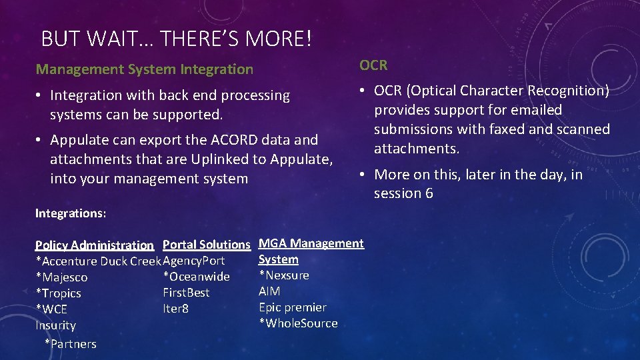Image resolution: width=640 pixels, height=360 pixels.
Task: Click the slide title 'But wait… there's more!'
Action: point(176,39)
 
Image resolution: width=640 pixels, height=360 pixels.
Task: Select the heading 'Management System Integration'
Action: point(145,69)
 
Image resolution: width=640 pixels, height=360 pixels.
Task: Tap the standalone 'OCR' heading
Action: point(373,65)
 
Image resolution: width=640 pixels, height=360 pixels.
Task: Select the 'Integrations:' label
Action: point(70,213)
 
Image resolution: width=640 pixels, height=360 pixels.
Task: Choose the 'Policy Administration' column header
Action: point(94,245)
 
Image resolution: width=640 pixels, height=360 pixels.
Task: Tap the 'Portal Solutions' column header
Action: point(206,245)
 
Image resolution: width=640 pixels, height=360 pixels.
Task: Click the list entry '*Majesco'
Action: point(61,277)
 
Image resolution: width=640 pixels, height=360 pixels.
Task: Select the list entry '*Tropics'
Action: point(58,293)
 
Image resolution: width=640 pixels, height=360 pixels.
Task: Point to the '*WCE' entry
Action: point(51,309)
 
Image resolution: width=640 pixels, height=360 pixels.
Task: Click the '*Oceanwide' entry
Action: point(196,277)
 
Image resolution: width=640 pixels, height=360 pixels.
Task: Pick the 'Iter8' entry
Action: point(175,309)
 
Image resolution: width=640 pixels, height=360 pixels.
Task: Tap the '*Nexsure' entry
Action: point(283,275)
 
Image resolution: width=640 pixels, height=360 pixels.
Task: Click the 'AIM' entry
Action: point(269,291)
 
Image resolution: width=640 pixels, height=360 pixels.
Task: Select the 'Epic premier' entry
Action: point(292,307)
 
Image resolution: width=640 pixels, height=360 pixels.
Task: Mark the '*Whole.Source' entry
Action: point(298,323)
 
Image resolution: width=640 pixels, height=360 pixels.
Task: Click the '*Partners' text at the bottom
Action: point(70,344)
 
